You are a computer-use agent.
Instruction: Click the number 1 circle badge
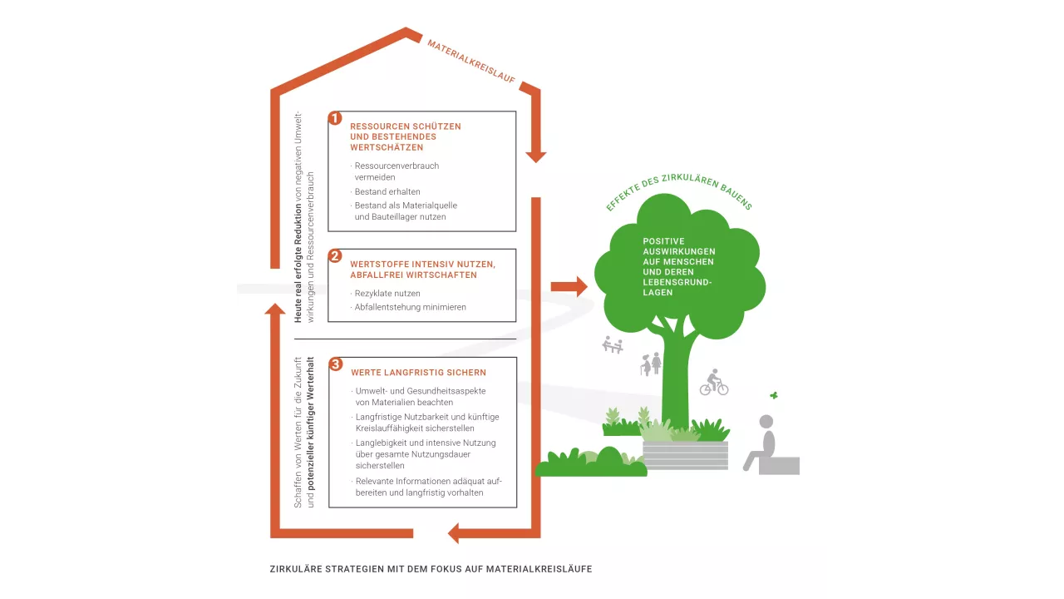click(335, 118)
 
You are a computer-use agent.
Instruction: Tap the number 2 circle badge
click(335, 256)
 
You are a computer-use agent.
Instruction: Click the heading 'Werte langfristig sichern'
click(418, 373)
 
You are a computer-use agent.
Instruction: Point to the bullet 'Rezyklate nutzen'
click(387, 294)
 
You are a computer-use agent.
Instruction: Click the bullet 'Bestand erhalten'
click(387, 191)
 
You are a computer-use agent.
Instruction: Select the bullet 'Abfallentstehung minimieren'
click(410, 307)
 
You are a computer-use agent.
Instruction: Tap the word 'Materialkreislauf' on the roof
click(471, 62)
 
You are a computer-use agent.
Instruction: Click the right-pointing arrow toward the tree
click(569, 286)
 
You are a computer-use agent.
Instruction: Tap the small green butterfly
click(774, 396)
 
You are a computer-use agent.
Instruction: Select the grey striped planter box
click(685, 455)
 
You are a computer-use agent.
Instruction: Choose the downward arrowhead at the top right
click(536, 156)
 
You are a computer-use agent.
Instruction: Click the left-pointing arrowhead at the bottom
click(454, 532)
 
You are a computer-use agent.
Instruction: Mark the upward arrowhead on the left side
click(275, 309)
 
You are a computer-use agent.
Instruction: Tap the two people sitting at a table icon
click(613, 344)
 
